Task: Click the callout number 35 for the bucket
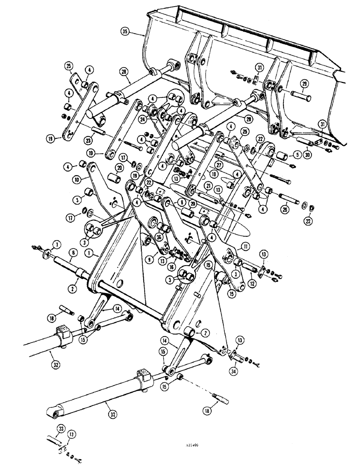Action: pyautogui.click(x=125, y=32)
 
